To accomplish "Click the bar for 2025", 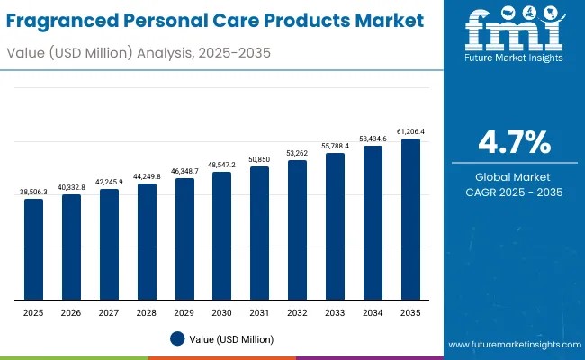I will point(33,249).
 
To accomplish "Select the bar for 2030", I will point(221,236).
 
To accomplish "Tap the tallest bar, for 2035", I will point(410,220).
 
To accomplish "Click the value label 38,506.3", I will point(33,192).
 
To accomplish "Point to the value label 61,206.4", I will point(410,131).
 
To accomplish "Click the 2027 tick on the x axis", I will point(109,312).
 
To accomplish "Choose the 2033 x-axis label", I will point(335,312).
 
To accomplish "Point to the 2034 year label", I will point(373,312).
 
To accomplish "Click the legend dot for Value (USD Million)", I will point(177,339).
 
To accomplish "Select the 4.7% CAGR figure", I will point(513,143).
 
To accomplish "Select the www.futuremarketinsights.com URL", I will point(512,345).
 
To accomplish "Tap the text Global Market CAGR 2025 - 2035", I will point(513,184).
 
